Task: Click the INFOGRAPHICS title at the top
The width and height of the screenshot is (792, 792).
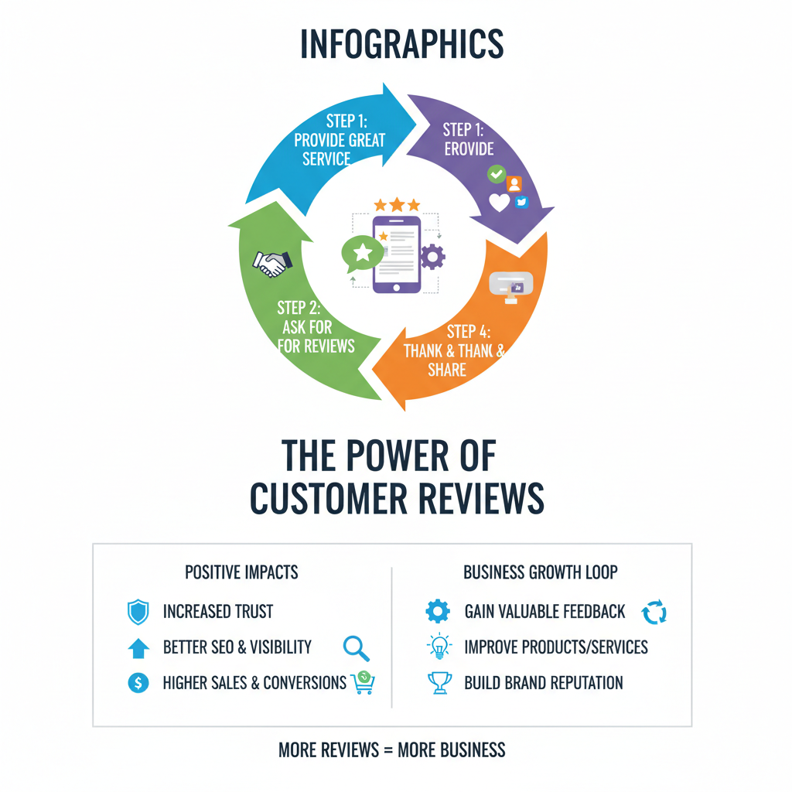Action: (x=402, y=44)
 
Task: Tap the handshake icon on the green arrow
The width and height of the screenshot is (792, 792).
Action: (x=272, y=263)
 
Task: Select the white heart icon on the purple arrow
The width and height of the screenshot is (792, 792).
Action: (x=499, y=203)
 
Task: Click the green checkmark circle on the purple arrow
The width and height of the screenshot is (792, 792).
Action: (x=497, y=174)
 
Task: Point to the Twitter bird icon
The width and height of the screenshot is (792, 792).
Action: (x=521, y=202)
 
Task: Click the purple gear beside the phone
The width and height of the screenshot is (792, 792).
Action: (x=432, y=257)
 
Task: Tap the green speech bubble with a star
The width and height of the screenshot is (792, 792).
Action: (x=362, y=253)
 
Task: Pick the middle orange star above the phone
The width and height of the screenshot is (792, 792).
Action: (x=397, y=204)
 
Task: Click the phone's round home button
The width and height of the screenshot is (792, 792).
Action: (x=397, y=288)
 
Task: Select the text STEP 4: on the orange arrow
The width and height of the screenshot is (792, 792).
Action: (x=468, y=332)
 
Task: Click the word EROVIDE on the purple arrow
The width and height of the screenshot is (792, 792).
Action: (x=469, y=149)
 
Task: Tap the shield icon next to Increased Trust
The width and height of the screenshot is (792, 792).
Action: (x=138, y=613)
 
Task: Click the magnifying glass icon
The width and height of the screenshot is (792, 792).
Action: (x=356, y=649)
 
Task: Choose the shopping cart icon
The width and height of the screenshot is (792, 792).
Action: (x=364, y=682)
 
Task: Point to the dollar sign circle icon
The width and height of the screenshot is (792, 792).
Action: (x=138, y=683)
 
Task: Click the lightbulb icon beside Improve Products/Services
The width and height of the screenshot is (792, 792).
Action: (x=439, y=646)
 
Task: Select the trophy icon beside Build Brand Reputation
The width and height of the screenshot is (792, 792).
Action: (x=439, y=683)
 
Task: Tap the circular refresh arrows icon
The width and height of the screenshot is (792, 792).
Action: (x=654, y=613)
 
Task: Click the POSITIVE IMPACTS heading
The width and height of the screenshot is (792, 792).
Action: (x=241, y=572)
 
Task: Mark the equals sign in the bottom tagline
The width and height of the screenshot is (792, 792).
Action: (x=388, y=750)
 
